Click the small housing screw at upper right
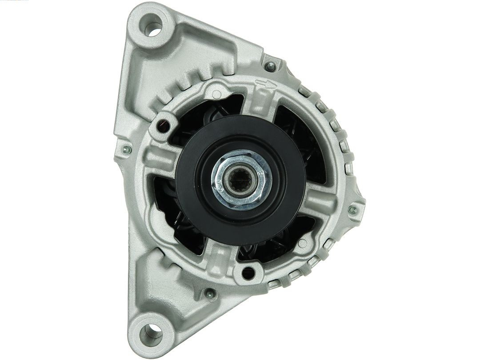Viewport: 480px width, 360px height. [270, 67]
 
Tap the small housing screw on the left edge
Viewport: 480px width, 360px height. [127, 149]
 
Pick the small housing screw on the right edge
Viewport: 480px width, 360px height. [353, 209]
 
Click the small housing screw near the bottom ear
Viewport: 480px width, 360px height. [208, 293]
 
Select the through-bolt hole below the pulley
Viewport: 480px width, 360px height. [248, 272]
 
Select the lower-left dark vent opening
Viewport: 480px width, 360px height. [176, 213]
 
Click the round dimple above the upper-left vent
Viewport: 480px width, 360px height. [216, 94]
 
